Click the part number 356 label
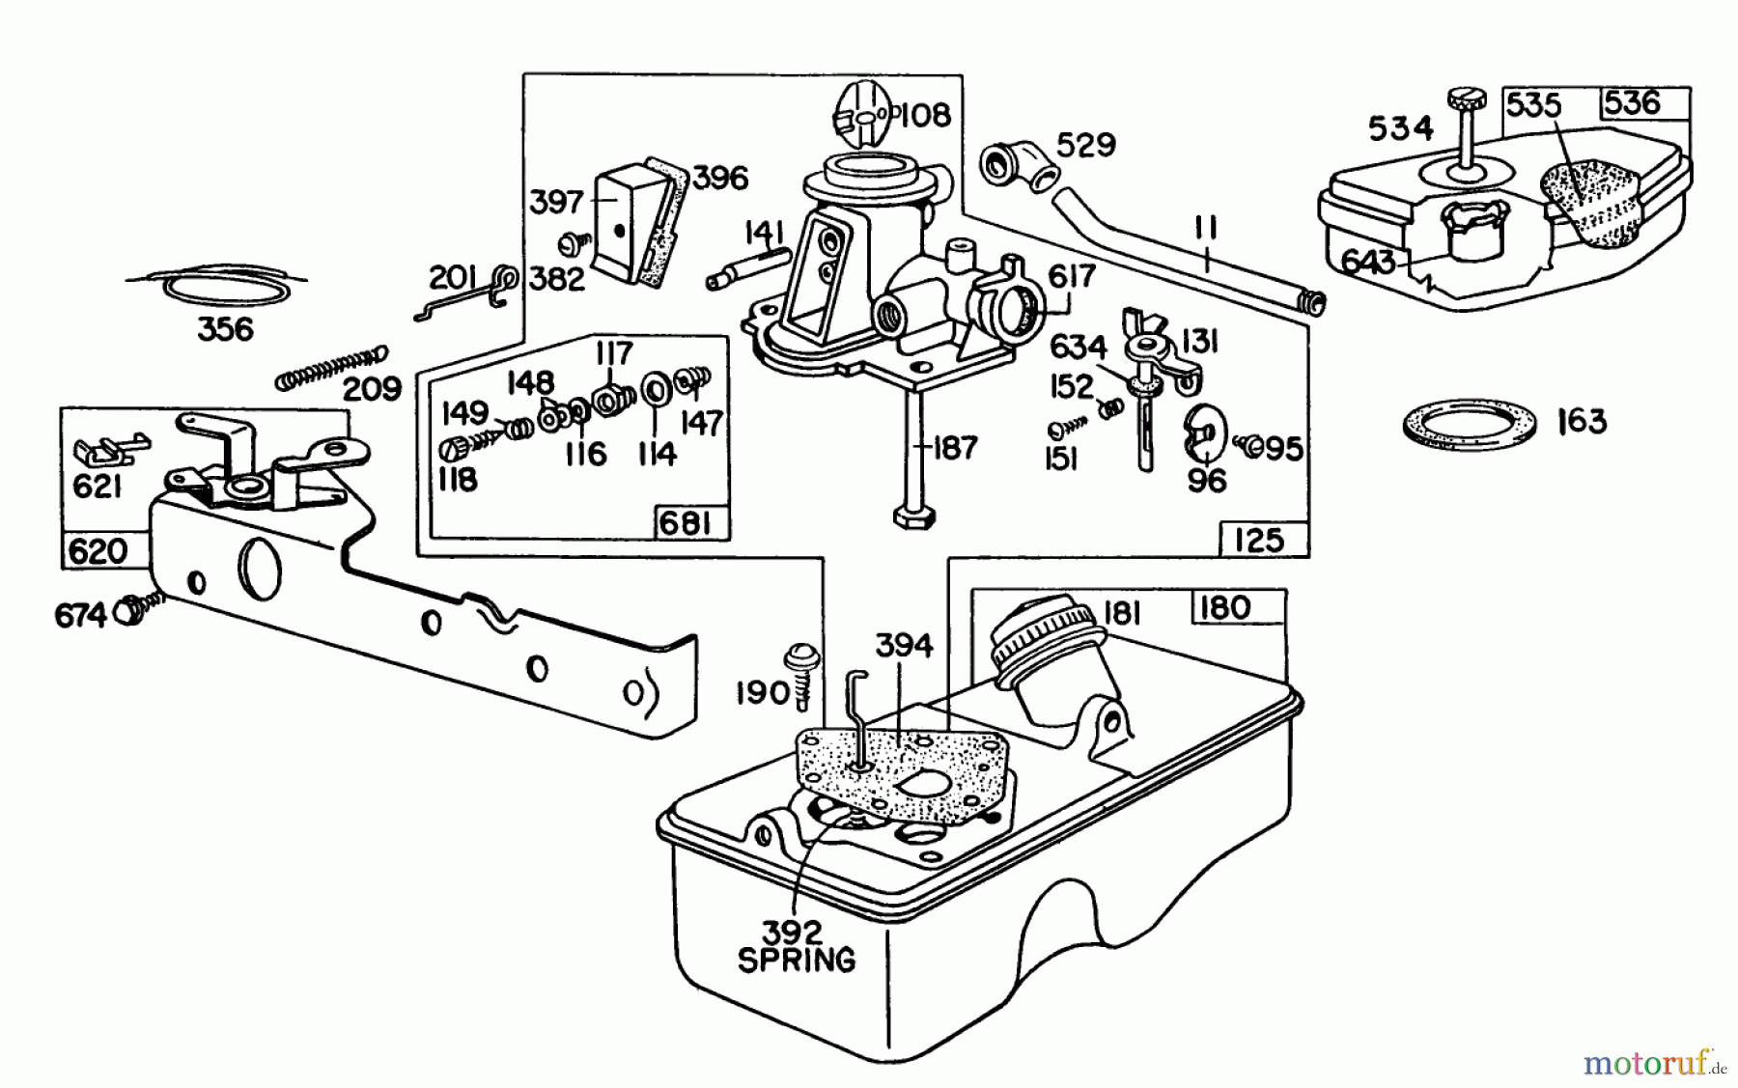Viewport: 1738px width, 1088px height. [x=225, y=329]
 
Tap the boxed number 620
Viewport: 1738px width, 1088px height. [x=98, y=551]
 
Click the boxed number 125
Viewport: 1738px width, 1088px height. [x=1259, y=540]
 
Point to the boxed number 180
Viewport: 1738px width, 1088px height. [x=1224, y=608]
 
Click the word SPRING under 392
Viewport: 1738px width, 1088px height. [x=796, y=960]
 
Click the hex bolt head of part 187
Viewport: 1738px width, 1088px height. [x=912, y=515]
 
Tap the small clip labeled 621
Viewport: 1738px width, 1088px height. [x=109, y=449]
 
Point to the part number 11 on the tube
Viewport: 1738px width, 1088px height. [x=1206, y=230]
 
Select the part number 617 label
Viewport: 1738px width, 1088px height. [x=1071, y=276]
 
